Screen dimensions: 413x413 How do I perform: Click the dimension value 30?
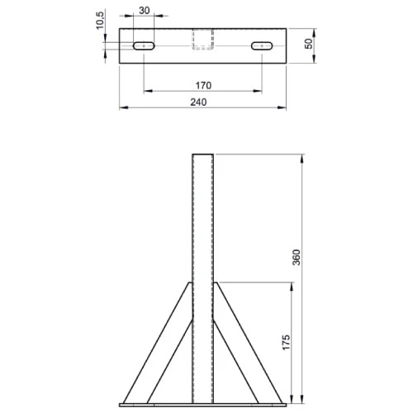tap(145, 11)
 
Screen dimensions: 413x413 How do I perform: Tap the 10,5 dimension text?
tap(101, 20)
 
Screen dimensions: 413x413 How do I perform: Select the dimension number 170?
tap(203, 85)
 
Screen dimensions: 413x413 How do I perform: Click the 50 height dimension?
tap(309, 45)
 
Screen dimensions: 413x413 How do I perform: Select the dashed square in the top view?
tap(203, 39)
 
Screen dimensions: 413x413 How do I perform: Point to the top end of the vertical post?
tap(203, 155)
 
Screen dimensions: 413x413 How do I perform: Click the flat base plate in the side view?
tap(203, 404)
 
